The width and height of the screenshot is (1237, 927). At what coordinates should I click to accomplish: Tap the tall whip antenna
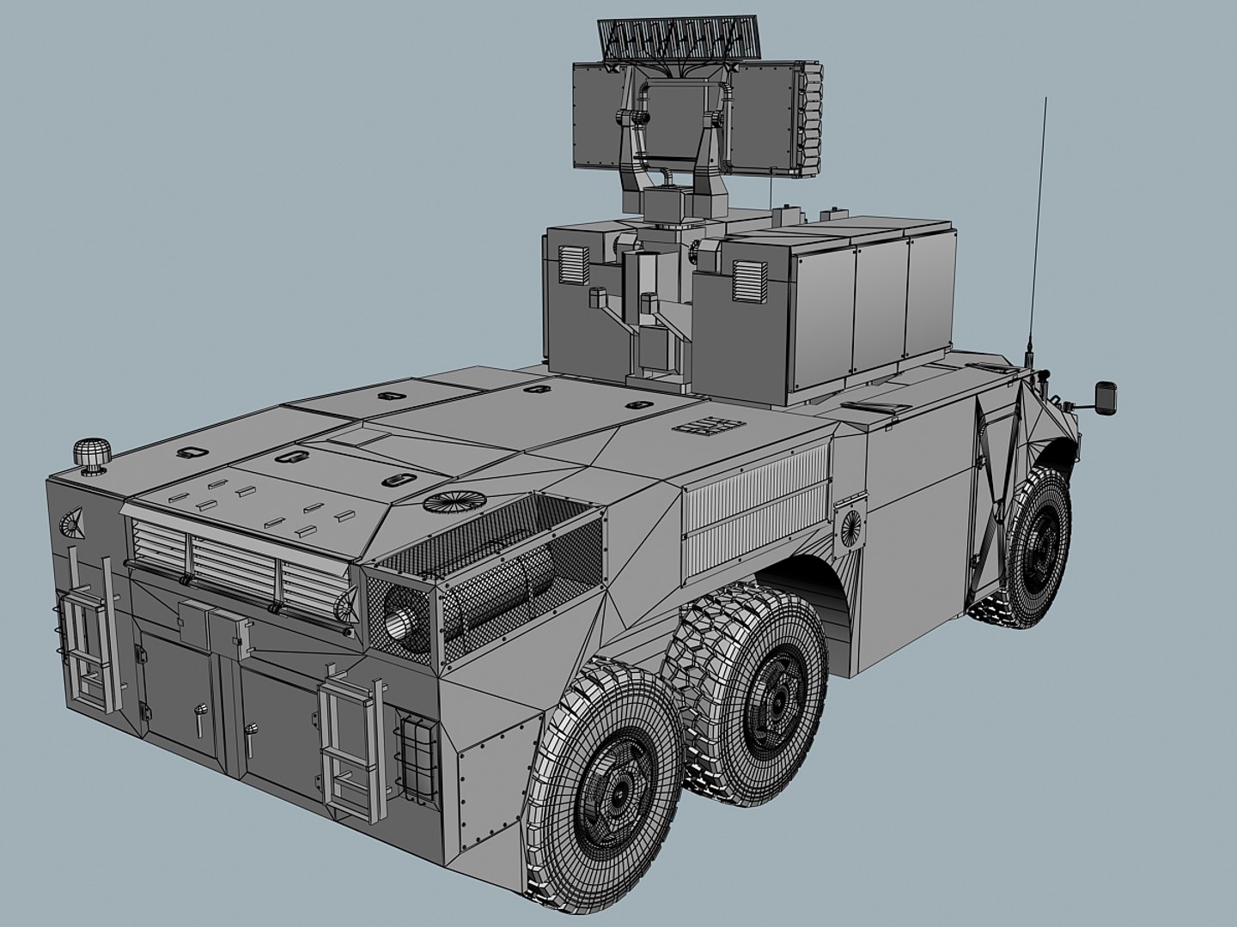[x=1040, y=215]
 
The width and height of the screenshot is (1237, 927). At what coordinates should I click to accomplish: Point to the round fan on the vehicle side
[x=850, y=524]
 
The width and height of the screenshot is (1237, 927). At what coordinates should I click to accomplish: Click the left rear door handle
[x=201, y=718]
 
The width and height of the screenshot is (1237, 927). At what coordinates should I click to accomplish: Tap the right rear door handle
[x=251, y=737]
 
